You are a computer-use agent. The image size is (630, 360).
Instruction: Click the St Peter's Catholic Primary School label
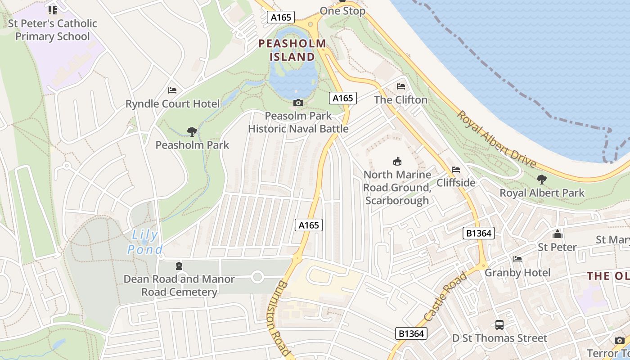(x=52, y=30)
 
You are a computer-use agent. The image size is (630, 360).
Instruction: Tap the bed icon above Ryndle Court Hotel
(x=172, y=90)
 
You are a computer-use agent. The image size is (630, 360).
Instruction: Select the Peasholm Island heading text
(x=292, y=50)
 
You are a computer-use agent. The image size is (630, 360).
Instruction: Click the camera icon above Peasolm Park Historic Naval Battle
(x=298, y=103)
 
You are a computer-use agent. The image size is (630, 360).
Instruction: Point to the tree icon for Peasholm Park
(x=192, y=132)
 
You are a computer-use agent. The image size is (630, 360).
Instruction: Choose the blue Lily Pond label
(x=144, y=242)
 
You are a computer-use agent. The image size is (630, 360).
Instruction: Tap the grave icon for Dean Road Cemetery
(x=180, y=266)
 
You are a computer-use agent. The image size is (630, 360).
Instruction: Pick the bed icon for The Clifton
(x=401, y=86)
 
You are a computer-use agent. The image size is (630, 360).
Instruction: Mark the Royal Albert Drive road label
(x=496, y=139)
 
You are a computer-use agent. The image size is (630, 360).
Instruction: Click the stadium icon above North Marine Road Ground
(x=397, y=161)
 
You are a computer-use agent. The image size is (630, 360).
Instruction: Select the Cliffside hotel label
(x=456, y=183)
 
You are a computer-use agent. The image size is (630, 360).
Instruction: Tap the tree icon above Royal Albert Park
(x=542, y=180)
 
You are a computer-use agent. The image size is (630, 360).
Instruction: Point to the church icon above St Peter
(x=558, y=234)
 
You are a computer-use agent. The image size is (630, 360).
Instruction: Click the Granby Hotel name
(x=517, y=273)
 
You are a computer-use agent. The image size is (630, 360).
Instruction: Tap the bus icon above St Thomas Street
(x=499, y=325)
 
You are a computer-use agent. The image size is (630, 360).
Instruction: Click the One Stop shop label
(x=342, y=11)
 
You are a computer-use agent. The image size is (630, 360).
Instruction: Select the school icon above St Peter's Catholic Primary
(x=52, y=9)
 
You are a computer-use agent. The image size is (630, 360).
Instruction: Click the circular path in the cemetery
(x=257, y=277)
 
